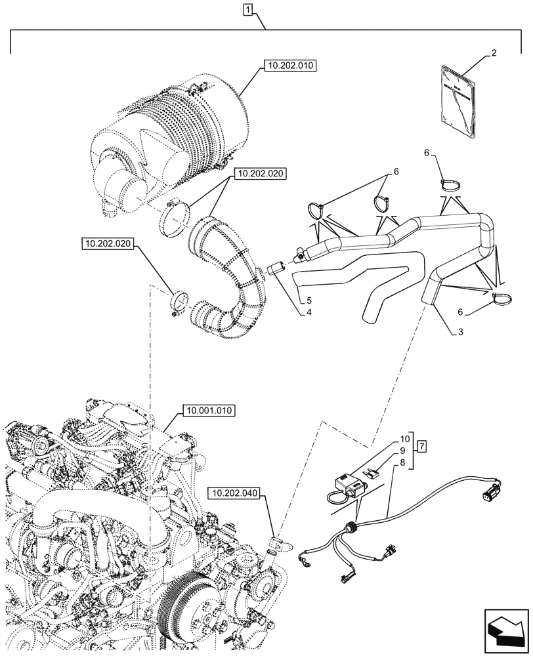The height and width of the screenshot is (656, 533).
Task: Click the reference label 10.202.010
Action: pos(289,66)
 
